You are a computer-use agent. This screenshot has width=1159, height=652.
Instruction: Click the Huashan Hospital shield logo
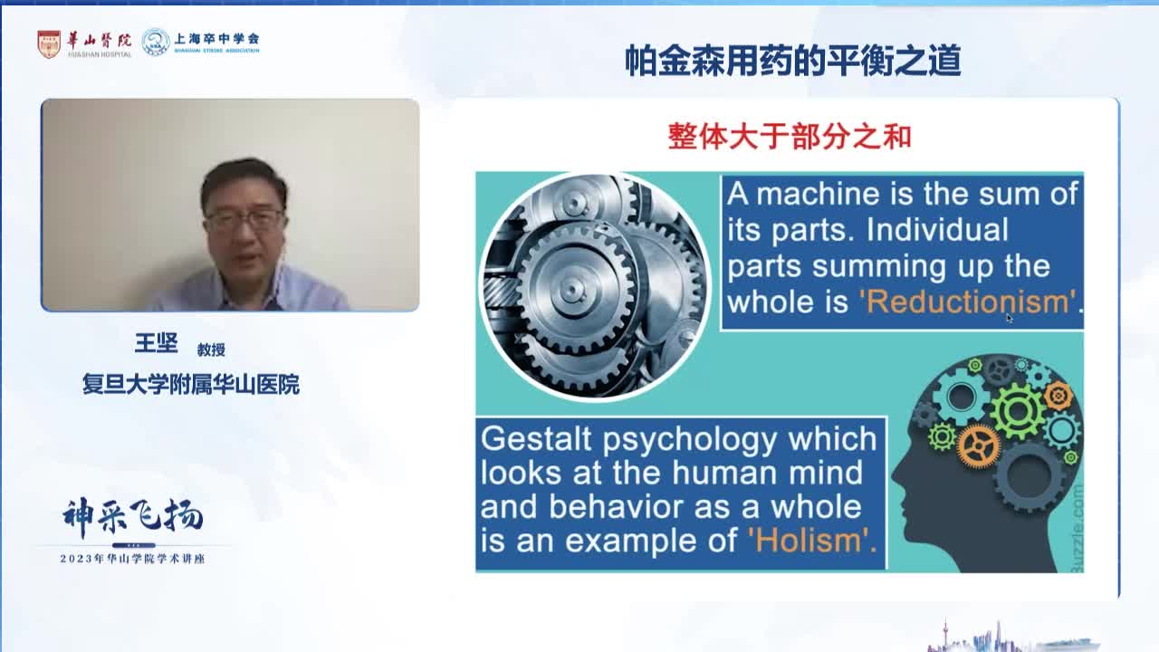pyautogui.click(x=49, y=43)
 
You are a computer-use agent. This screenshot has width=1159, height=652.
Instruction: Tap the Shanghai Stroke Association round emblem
pyautogui.click(x=156, y=43)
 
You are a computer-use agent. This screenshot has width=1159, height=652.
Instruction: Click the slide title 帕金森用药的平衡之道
pyautogui.click(x=792, y=61)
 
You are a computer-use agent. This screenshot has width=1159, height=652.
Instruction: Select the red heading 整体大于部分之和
pyautogui.click(x=789, y=136)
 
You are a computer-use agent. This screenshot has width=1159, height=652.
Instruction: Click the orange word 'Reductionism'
pyautogui.click(x=967, y=302)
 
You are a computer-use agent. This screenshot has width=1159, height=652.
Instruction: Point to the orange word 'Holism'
pyautogui.click(x=812, y=541)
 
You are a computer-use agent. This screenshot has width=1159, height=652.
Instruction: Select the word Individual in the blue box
pyautogui.click(x=937, y=230)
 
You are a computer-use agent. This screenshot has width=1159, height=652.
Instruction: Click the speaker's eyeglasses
pyautogui.click(x=244, y=219)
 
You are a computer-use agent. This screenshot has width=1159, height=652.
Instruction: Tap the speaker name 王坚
pyautogui.click(x=156, y=344)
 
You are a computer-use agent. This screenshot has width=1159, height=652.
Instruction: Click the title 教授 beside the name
pyautogui.click(x=211, y=350)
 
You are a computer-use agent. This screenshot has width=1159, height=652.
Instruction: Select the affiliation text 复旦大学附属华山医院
pyautogui.click(x=190, y=385)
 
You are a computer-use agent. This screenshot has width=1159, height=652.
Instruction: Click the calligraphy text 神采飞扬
pyautogui.click(x=132, y=517)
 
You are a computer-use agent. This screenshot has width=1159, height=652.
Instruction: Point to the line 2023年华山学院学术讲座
pyautogui.click(x=132, y=559)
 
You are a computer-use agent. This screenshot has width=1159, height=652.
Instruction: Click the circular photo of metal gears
pyautogui.click(x=594, y=286)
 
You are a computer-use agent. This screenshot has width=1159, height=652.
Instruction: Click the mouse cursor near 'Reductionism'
pyautogui.click(x=1009, y=317)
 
